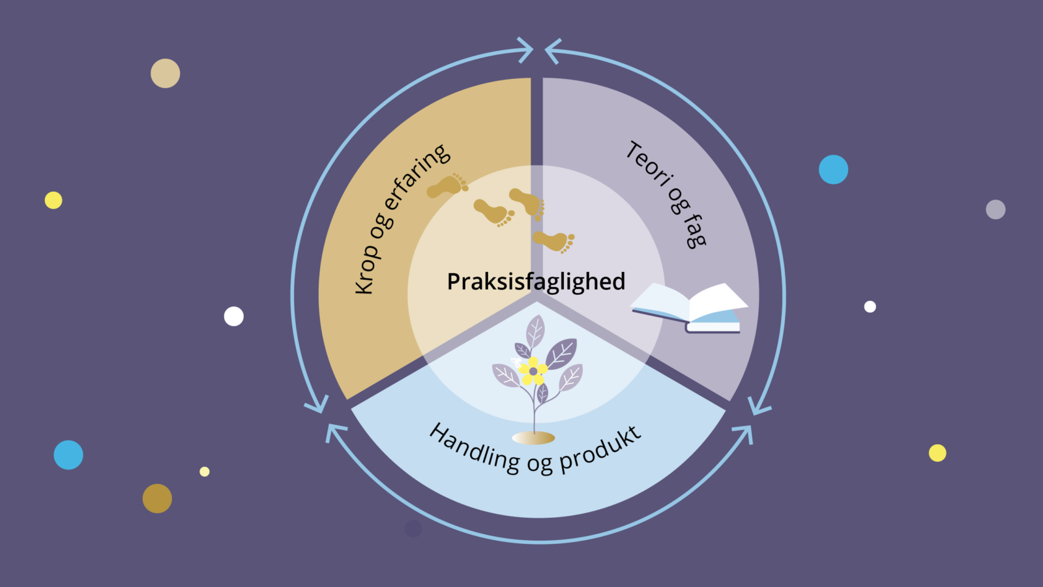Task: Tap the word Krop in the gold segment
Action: coord(366,268)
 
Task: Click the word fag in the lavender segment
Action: coord(695,231)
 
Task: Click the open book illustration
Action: coord(690,307)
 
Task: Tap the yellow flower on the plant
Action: coord(533,371)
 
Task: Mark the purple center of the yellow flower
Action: coord(533,371)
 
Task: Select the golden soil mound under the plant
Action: coord(533,438)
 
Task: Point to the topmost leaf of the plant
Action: coord(535,331)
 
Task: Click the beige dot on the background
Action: coord(166,73)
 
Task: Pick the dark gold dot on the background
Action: coord(157,498)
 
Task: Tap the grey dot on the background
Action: coord(995,209)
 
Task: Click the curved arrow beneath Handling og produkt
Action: coord(539,542)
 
